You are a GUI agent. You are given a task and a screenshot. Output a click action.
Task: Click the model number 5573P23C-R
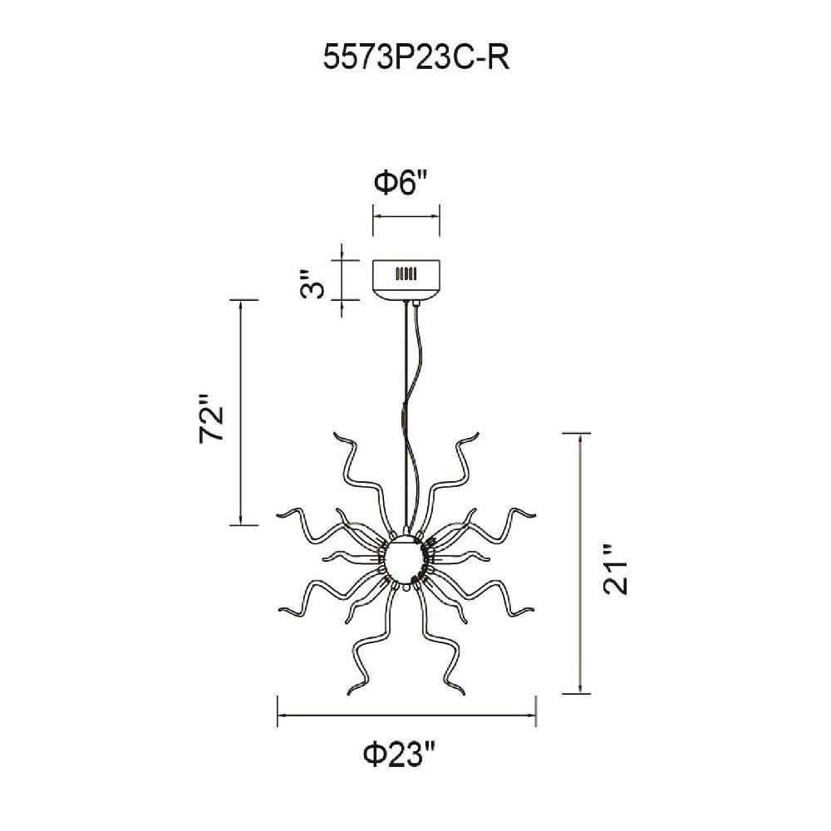[416, 58]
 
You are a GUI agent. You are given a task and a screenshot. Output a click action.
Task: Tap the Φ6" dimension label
[401, 183]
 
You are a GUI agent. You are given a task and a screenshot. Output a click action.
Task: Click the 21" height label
[616, 568]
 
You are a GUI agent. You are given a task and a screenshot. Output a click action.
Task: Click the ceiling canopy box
[406, 279]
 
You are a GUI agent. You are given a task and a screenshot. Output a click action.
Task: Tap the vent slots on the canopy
[406, 274]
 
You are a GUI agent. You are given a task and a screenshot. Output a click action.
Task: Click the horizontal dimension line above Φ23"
[406, 715]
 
